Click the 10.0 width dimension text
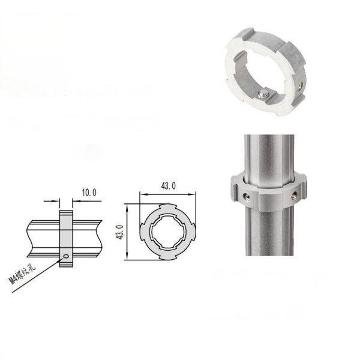tap(89, 193)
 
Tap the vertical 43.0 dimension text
tap(119, 231)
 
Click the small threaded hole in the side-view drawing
tap(65, 258)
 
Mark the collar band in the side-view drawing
tap(65, 237)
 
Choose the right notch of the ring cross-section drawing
tap(193, 232)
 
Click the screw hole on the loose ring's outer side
tap(299, 86)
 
